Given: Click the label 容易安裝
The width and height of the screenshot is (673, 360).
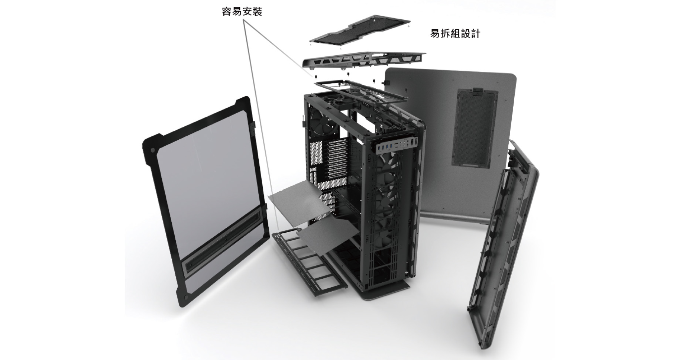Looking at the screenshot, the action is point(242,12).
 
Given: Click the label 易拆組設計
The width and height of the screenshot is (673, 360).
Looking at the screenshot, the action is point(455,34).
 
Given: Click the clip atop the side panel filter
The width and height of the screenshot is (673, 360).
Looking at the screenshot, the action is point(477,90).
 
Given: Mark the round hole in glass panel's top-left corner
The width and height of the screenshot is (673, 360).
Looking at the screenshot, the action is point(154,150).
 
